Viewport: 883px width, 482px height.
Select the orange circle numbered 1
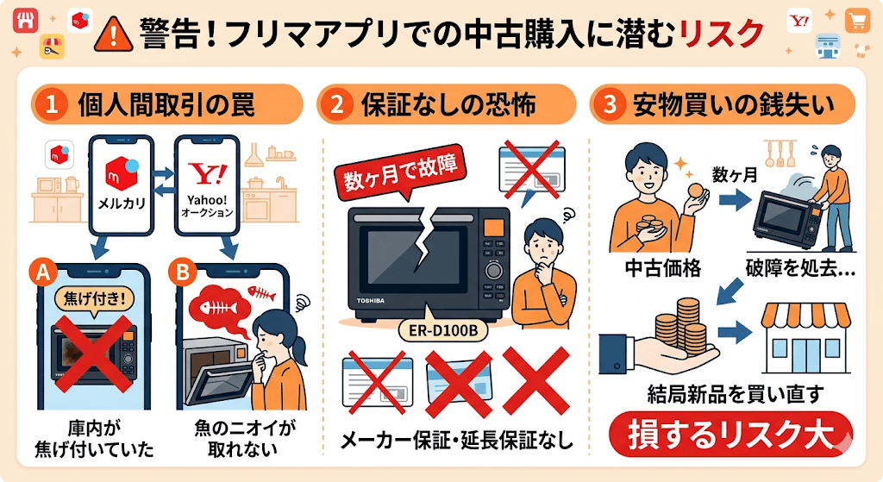51,106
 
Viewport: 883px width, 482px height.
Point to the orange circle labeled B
185,272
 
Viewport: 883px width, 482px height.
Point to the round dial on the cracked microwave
494,270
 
